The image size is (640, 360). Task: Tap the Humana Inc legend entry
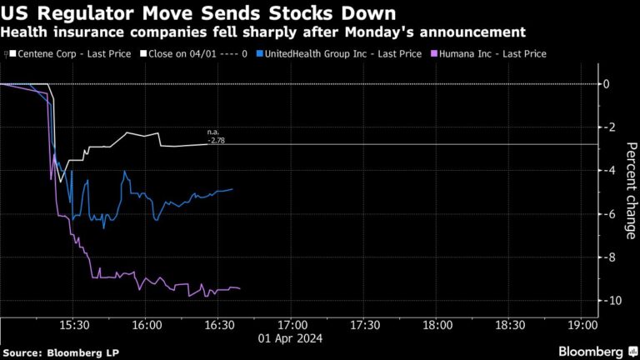click(x=491, y=53)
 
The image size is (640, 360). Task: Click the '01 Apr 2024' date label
click(x=292, y=339)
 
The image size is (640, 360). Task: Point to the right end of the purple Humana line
click(x=240, y=288)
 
